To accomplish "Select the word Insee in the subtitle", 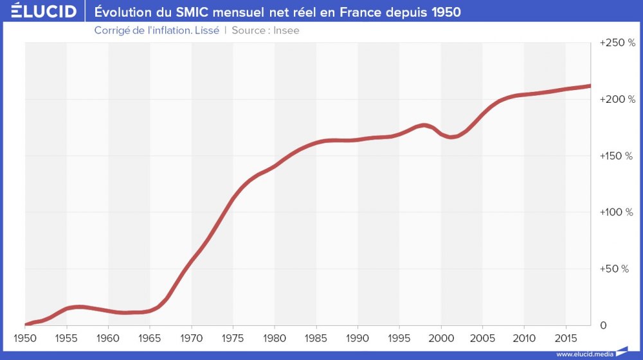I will coord(286,30).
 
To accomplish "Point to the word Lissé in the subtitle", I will coord(206,30).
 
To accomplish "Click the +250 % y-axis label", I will coord(617,43).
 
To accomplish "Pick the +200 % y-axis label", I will coord(617,100).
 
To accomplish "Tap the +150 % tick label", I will coord(617,156).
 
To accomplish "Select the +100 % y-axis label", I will coord(617,212).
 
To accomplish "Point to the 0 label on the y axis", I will coord(602,325).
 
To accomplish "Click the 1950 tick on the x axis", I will coord(24,337).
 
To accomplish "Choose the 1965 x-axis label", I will coord(149,337).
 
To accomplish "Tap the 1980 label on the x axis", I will coord(275,337).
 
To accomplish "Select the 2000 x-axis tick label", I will coord(441,337).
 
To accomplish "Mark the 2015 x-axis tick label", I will coord(566,337).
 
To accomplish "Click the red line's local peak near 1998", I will coord(424,125).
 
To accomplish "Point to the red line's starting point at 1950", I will coord(25,325).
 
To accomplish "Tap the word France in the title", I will coord(363,12).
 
